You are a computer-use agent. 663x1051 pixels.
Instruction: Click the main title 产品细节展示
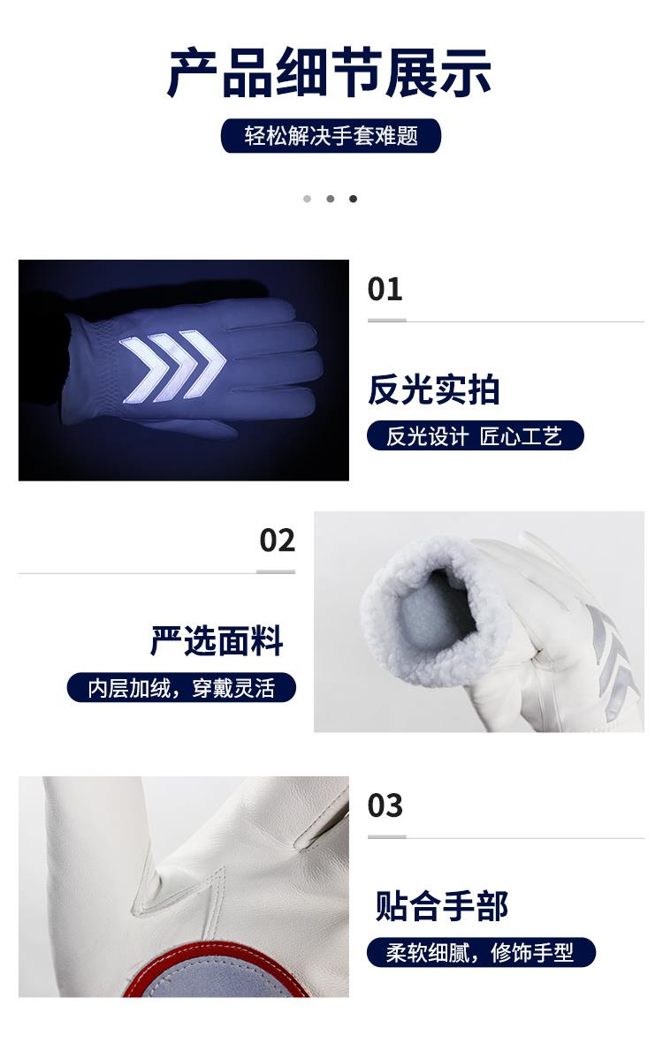click(x=329, y=72)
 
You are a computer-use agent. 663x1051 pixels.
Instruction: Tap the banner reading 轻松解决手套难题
click(x=331, y=136)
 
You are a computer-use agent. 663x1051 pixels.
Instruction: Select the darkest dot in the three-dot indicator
click(x=353, y=199)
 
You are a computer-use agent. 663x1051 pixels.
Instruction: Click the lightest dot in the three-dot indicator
click(x=308, y=199)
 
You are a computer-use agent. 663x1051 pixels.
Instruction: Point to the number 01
click(x=385, y=290)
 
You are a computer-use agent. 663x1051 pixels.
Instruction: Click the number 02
click(x=278, y=541)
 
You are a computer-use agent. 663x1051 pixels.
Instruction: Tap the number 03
click(x=385, y=805)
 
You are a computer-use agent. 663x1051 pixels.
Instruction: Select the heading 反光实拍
click(x=433, y=389)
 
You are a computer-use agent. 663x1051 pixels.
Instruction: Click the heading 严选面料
click(x=217, y=641)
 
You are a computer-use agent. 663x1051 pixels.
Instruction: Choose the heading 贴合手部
click(x=441, y=906)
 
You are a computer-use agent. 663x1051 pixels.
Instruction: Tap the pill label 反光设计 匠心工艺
click(x=475, y=436)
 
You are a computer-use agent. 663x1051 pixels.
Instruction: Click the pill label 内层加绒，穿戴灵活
click(x=181, y=688)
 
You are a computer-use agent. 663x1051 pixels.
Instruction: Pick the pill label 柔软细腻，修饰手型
click(x=481, y=952)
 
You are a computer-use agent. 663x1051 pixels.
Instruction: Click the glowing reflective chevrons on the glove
click(x=172, y=367)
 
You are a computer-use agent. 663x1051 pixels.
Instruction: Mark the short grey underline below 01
click(x=386, y=321)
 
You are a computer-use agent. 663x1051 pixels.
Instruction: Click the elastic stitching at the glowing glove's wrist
click(x=101, y=362)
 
